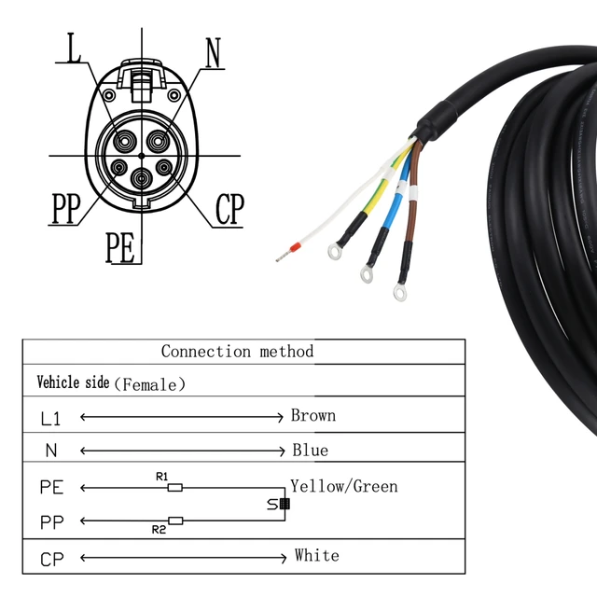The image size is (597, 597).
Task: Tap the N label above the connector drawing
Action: pyautogui.click(x=214, y=52)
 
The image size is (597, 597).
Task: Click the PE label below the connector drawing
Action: pyautogui.click(x=120, y=249)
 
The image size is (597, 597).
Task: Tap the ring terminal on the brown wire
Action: pyautogui.click(x=400, y=294)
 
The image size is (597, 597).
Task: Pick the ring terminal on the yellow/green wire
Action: pyautogui.click(x=332, y=251)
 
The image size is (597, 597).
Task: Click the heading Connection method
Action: pyautogui.click(x=237, y=352)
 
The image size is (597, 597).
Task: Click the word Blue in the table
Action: pyautogui.click(x=310, y=450)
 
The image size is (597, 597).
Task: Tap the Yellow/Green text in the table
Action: pyautogui.click(x=343, y=486)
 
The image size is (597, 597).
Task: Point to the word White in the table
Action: pyautogui.click(x=316, y=555)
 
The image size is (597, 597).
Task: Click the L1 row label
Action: pyautogui.click(x=52, y=418)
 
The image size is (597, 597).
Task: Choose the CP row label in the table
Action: pyautogui.click(x=52, y=560)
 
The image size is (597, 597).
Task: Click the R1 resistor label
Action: pyautogui.click(x=161, y=477)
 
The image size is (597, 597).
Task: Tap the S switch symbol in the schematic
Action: pyautogui.click(x=279, y=504)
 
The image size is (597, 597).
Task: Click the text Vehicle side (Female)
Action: pyautogui.click(x=111, y=382)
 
